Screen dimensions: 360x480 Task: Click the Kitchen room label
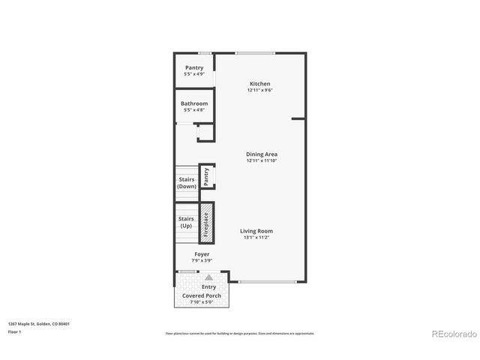click(x=259, y=84)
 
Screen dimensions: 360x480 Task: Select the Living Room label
click(x=256, y=231)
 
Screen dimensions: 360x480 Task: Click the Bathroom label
click(x=193, y=104)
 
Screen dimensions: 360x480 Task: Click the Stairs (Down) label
click(x=187, y=182)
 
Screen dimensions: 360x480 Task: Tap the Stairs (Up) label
click(x=186, y=222)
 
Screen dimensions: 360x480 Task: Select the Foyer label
click(x=202, y=254)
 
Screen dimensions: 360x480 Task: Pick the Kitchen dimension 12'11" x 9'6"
click(x=259, y=90)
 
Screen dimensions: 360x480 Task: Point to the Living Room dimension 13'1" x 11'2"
click(x=257, y=238)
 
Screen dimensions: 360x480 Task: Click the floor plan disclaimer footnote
click(x=239, y=333)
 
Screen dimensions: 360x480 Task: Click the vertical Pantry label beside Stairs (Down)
click(x=205, y=175)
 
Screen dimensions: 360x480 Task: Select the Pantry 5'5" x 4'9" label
click(x=193, y=74)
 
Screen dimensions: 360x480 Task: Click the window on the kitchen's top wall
click(x=255, y=52)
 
